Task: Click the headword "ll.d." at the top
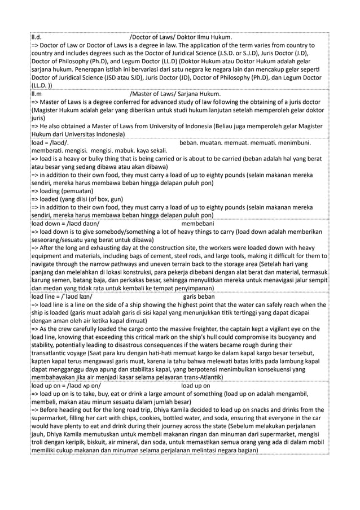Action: click(37, 38)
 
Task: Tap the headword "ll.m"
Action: click(37, 94)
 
